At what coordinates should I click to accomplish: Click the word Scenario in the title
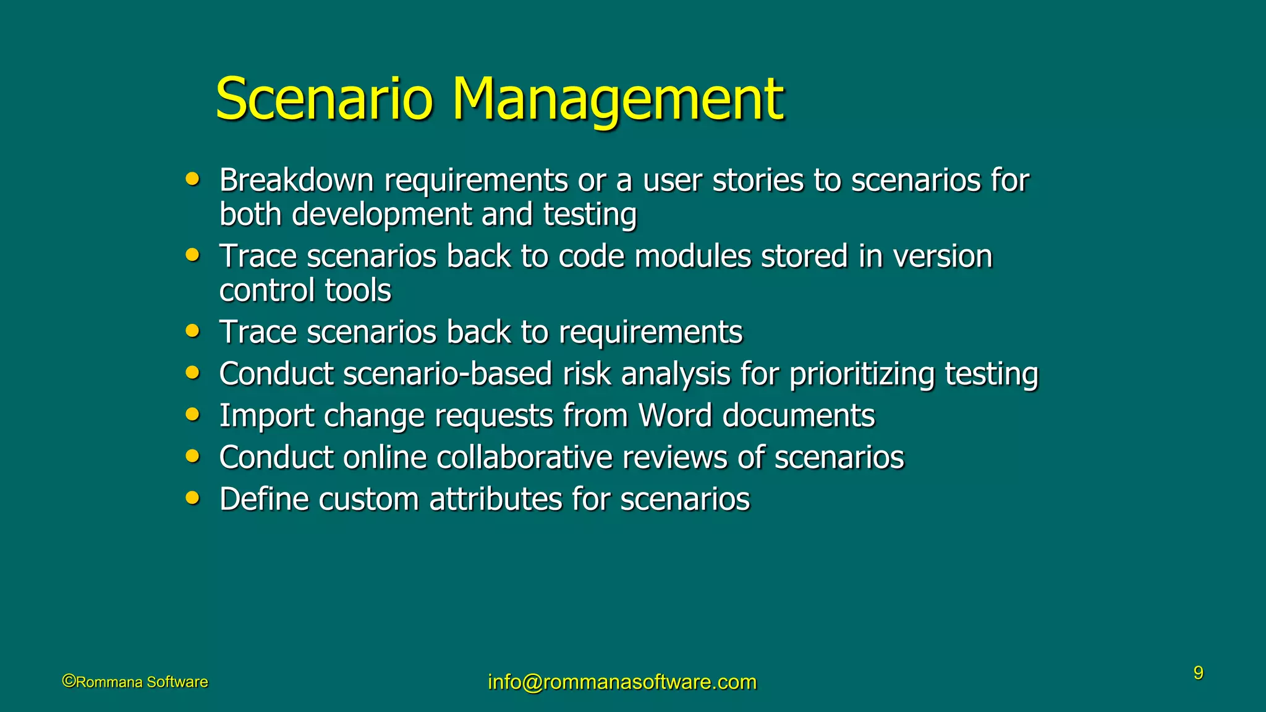tap(324, 99)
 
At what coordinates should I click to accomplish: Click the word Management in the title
tap(618, 99)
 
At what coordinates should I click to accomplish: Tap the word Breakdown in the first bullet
tap(296, 180)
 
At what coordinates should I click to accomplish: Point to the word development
tap(381, 214)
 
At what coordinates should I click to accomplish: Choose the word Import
tap(266, 416)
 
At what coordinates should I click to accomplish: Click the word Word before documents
tap(675, 415)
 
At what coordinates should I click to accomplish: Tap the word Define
tap(263, 499)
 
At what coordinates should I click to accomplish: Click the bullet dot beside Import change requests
tap(193, 414)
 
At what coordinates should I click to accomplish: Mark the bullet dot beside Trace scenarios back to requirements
tap(193, 331)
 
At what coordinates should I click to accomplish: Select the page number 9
tap(1198, 673)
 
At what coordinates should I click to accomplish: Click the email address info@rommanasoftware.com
tap(622, 682)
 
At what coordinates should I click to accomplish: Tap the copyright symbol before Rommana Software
tap(69, 681)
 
